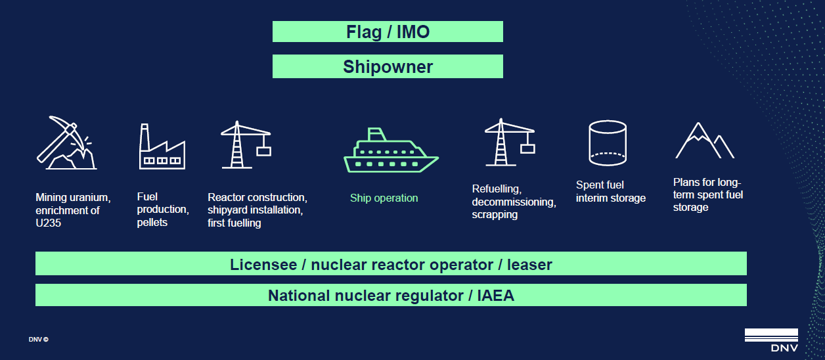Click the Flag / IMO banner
click(x=388, y=32)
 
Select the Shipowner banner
click(x=388, y=66)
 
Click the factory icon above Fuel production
click(x=161, y=146)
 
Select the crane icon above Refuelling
click(x=509, y=143)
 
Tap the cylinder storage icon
click(x=607, y=143)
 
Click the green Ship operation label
click(x=384, y=198)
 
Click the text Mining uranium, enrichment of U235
click(x=73, y=210)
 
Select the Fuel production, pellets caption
click(x=162, y=210)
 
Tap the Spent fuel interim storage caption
click(x=610, y=192)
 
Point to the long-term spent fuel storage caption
click(x=708, y=194)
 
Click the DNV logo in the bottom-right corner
click(x=771, y=340)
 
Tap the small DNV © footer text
click(x=38, y=340)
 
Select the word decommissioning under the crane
click(x=514, y=202)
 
